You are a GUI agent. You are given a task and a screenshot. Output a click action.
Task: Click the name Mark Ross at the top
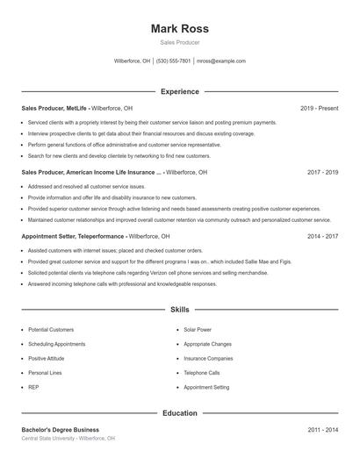[x=179, y=28]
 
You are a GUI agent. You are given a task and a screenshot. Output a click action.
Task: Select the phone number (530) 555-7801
[x=174, y=61]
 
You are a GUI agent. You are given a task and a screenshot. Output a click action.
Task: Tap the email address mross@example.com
[x=220, y=61]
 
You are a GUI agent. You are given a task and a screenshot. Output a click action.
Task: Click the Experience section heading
[x=179, y=91]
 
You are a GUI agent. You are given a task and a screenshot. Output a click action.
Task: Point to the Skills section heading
[x=179, y=310]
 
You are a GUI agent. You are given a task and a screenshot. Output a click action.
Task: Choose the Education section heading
[x=179, y=412]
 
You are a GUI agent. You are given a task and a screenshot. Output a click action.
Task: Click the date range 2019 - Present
[x=319, y=108]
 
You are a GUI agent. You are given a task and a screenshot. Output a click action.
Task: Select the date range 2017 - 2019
[x=322, y=172]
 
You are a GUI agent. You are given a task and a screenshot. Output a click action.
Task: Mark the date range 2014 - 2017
[x=322, y=236]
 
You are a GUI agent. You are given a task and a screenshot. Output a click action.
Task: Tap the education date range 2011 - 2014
[x=322, y=430]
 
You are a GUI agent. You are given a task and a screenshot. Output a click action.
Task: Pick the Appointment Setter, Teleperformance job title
[x=72, y=236]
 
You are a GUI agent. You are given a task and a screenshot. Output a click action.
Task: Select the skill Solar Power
[x=198, y=329]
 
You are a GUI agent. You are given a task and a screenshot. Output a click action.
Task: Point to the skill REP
[x=33, y=387]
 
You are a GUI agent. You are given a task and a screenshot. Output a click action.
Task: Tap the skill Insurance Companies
[x=208, y=358]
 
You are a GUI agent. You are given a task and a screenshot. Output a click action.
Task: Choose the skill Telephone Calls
[x=202, y=372]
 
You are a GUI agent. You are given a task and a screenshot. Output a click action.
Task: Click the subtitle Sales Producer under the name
[x=179, y=42]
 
